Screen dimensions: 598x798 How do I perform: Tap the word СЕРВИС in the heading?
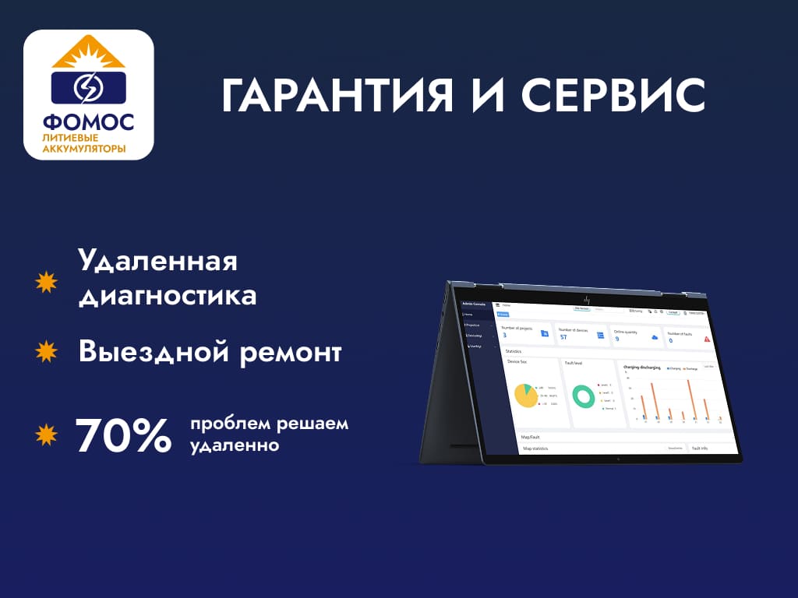(613, 96)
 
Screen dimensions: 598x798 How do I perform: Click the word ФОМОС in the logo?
(88, 122)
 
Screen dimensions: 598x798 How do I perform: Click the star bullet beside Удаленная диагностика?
(48, 282)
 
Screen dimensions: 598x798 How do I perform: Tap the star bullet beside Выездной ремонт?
(48, 352)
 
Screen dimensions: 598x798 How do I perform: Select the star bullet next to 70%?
(48, 434)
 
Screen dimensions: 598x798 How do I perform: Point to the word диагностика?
(168, 297)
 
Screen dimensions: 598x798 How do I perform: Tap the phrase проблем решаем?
(269, 425)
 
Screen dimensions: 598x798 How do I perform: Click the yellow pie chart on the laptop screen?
(525, 396)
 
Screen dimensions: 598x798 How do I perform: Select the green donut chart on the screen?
(583, 396)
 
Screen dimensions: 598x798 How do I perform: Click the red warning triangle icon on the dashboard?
(707, 339)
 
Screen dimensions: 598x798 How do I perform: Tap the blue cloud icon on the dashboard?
(654, 337)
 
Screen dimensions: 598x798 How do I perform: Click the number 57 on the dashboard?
(564, 336)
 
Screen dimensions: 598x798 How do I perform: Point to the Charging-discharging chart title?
(642, 367)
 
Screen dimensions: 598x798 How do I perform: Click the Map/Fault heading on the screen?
(531, 437)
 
